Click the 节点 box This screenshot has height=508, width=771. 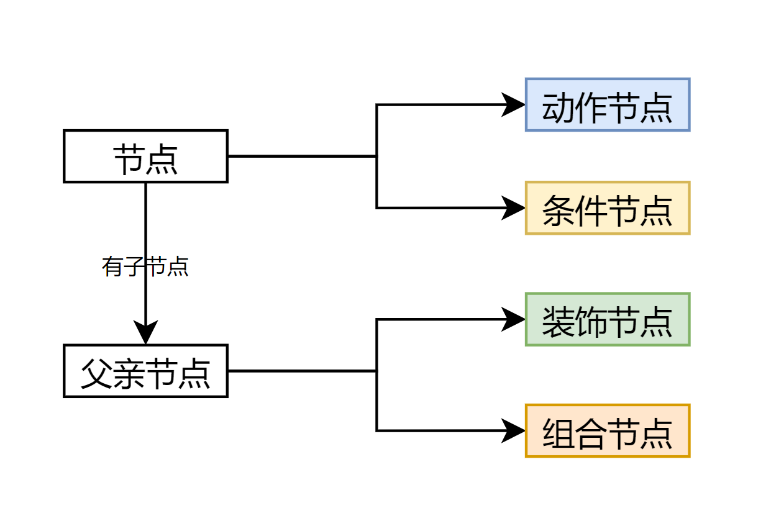point(145,156)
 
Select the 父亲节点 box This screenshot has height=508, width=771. point(145,371)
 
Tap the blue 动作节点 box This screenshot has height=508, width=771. point(607,105)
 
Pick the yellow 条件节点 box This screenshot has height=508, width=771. point(607,208)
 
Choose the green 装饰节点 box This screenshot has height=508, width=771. point(607,319)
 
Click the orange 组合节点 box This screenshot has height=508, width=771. point(607,431)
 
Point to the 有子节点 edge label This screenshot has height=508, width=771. point(145,267)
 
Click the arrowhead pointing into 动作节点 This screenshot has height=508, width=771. point(514,105)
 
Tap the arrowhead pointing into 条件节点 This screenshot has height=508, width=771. point(514,208)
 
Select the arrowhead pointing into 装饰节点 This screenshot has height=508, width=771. point(514,319)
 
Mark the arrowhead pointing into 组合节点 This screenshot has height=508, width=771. point(514,431)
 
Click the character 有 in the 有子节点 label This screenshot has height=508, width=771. point(112,267)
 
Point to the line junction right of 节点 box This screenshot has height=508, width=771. point(376,156)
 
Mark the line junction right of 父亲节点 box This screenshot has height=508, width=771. point(376,371)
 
